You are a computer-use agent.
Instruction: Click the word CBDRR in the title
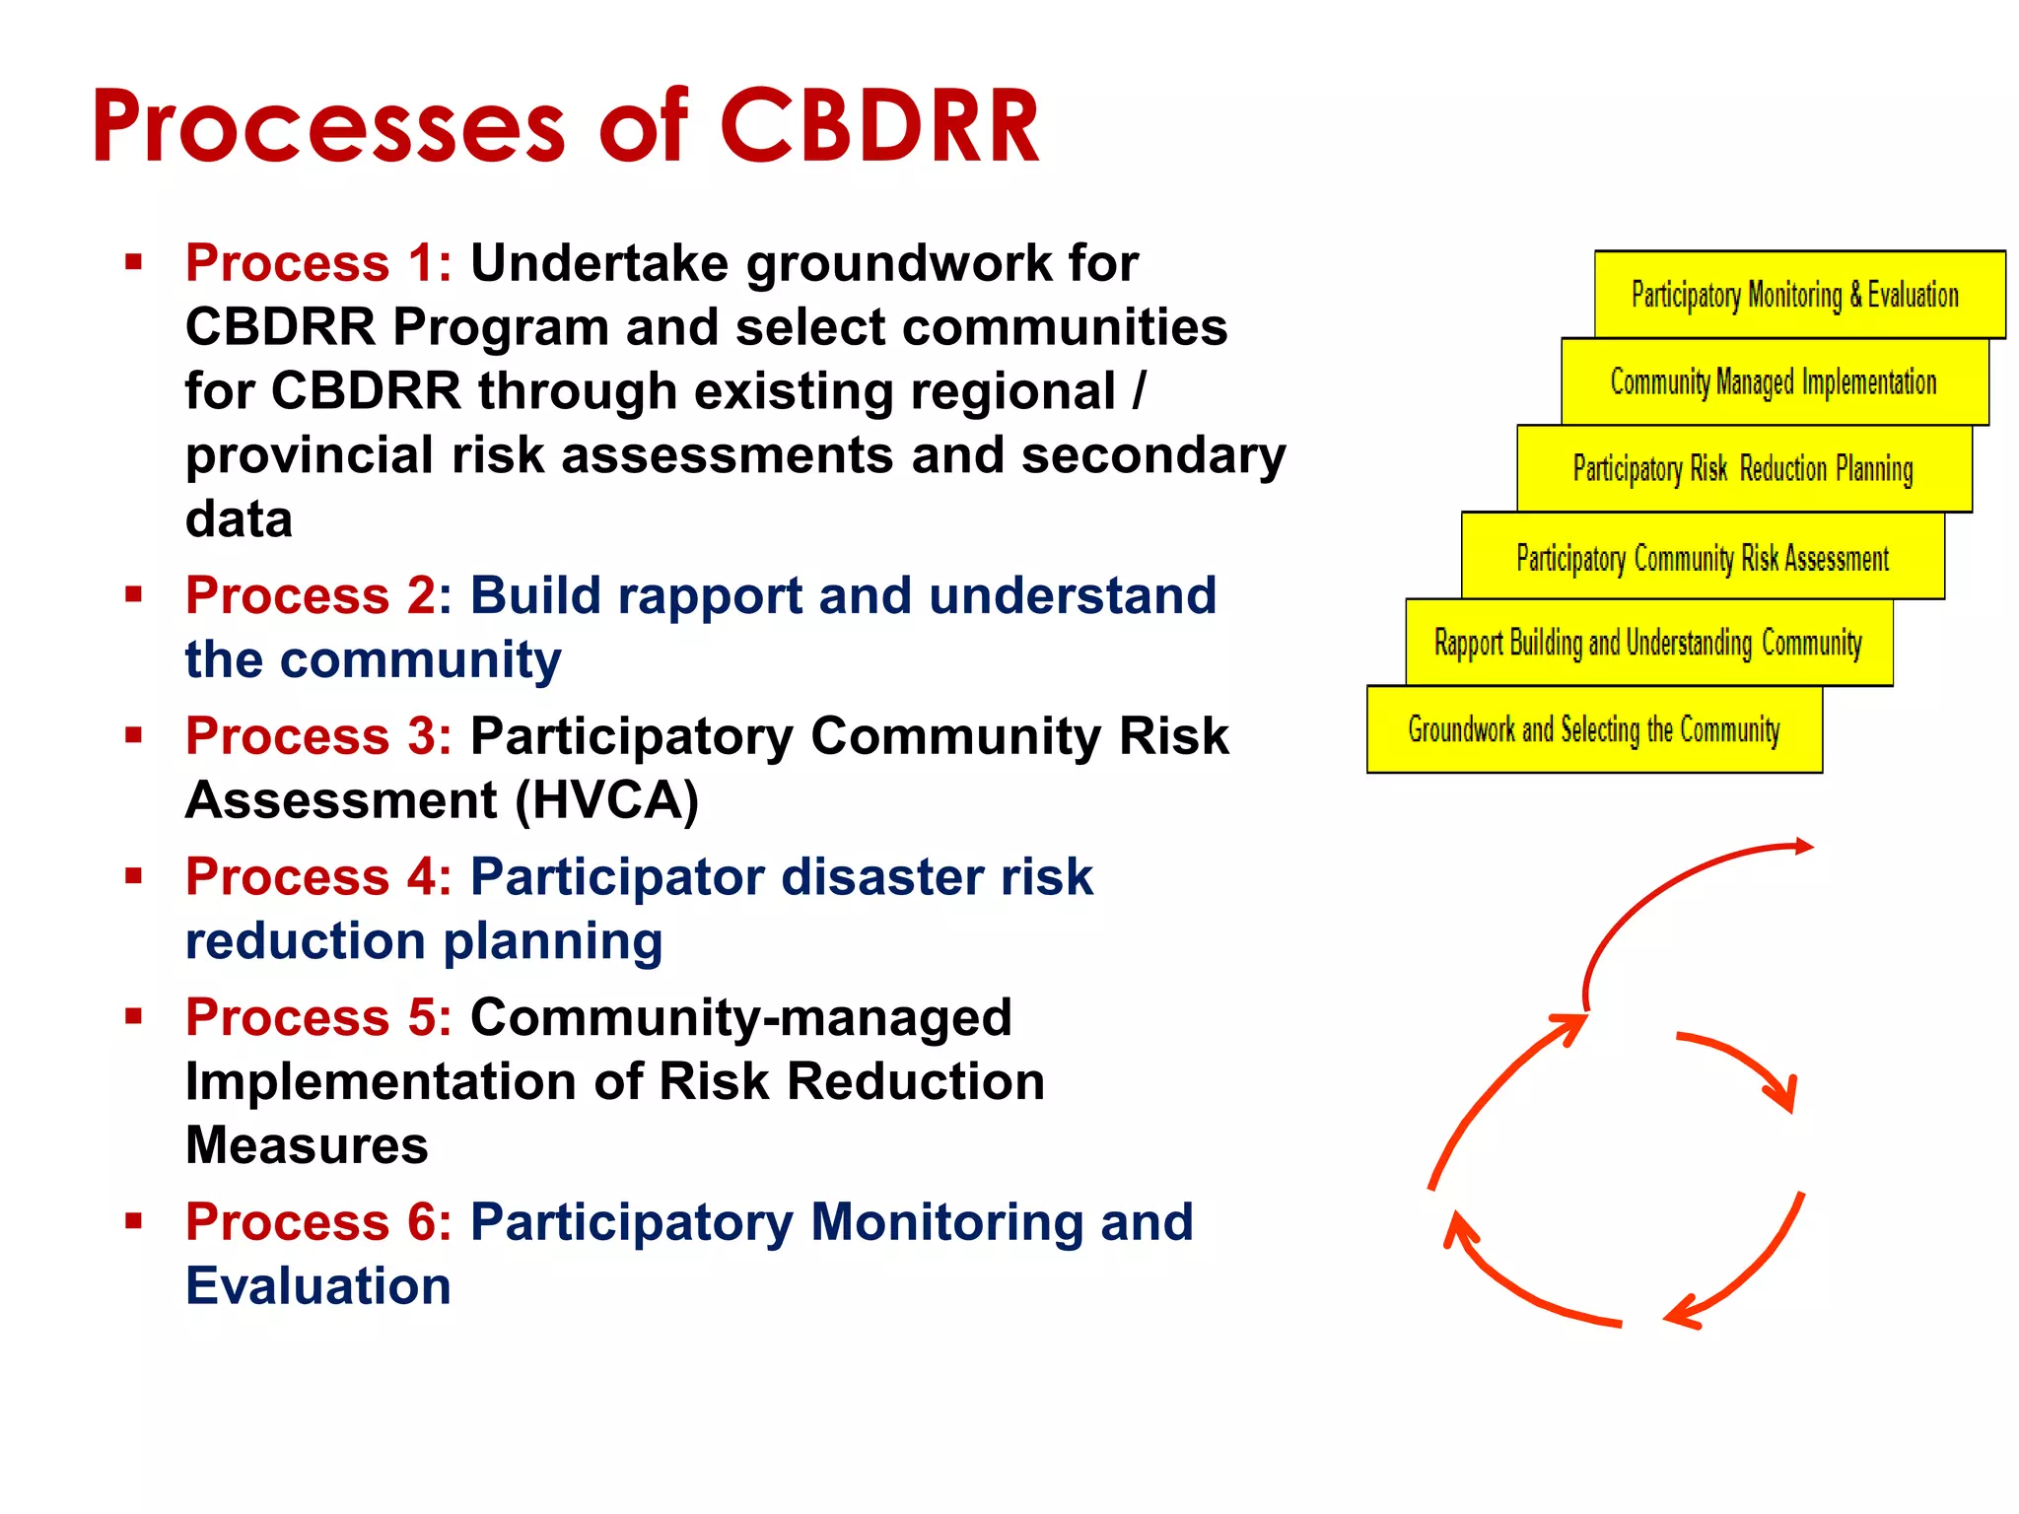(x=879, y=126)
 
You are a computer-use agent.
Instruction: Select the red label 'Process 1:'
(x=318, y=263)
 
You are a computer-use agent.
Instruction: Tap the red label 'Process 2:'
(x=318, y=595)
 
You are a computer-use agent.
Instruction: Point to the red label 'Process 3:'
(x=318, y=736)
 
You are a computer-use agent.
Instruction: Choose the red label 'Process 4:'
(x=318, y=877)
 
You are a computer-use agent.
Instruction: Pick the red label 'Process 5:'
(x=318, y=1017)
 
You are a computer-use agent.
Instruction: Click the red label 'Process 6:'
(x=318, y=1222)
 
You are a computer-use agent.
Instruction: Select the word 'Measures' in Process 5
(x=307, y=1145)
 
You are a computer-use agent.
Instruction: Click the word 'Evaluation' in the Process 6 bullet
(x=317, y=1286)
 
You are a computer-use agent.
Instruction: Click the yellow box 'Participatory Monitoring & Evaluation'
(x=1798, y=294)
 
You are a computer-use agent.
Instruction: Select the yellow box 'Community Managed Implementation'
(x=1774, y=381)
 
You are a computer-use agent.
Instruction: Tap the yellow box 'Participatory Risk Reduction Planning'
(x=1743, y=468)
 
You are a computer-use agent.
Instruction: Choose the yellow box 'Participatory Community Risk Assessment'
(x=1703, y=557)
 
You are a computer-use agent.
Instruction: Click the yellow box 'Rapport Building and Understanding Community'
(x=1647, y=643)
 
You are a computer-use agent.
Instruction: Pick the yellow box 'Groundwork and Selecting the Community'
(x=1593, y=729)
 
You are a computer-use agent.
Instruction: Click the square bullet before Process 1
(x=134, y=262)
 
